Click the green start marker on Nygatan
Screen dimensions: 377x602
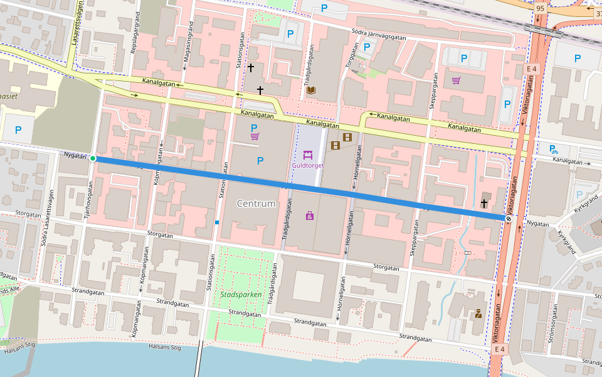(x=93, y=158)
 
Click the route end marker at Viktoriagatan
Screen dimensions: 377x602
(x=509, y=219)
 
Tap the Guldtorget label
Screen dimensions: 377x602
(x=307, y=166)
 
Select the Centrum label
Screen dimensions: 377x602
(x=256, y=204)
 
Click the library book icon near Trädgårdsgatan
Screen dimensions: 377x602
(x=311, y=90)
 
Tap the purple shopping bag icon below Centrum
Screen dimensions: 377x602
(x=310, y=216)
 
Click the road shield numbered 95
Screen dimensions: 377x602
(x=541, y=8)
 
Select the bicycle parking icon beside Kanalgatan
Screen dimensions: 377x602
(x=552, y=149)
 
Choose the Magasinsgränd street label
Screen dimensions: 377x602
(x=186, y=46)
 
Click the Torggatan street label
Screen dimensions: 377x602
(x=349, y=57)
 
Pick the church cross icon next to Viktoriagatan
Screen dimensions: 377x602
(x=483, y=204)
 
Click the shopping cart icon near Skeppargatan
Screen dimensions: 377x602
(x=456, y=80)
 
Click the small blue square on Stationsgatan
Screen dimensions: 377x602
(x=216, y=222)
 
